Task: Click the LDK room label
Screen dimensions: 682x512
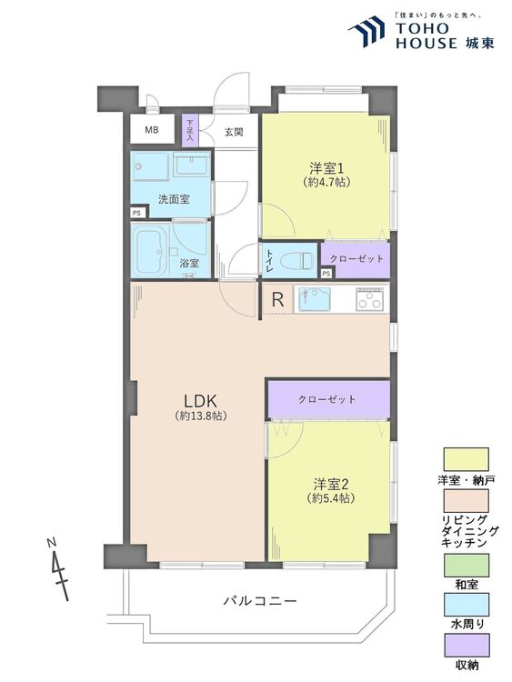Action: point(200,400)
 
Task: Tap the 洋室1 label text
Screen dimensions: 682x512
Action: point(328,168)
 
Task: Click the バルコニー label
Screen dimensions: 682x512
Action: point(258,601)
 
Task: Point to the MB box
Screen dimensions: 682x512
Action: point(151,130)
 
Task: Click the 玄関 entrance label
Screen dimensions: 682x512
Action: point(233,132)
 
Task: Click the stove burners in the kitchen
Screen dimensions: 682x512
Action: point(370,299)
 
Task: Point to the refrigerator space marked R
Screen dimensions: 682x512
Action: point(277,298)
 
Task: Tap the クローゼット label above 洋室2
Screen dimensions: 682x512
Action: point(326,399)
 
